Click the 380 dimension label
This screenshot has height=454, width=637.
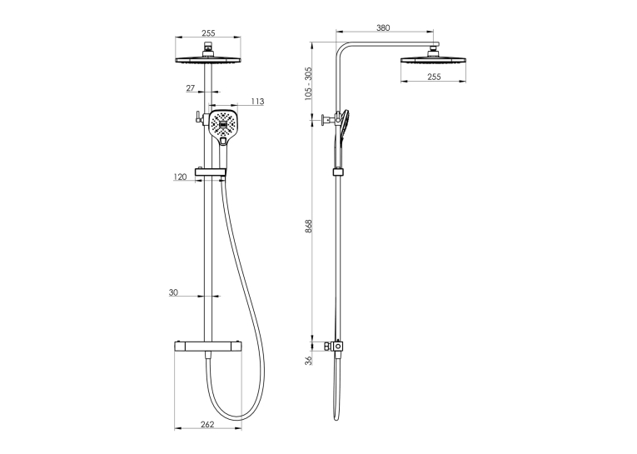383,27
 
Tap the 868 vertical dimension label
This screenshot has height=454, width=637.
308,226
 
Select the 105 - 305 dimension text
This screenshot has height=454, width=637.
308,83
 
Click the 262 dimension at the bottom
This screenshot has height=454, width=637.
207,424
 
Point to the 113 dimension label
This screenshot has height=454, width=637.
257,101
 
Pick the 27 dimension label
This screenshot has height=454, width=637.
191,87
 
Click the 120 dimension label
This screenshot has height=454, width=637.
180,177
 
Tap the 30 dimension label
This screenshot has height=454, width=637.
173,292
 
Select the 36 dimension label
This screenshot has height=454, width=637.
309,361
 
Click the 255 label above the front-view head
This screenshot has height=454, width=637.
208,33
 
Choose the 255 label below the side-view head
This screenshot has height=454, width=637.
434,77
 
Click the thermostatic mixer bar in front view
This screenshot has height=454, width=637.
207,347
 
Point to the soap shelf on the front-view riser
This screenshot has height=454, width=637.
211,172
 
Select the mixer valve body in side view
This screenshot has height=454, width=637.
337,347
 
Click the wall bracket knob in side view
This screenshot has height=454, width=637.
325,120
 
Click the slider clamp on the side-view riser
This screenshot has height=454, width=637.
338,172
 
